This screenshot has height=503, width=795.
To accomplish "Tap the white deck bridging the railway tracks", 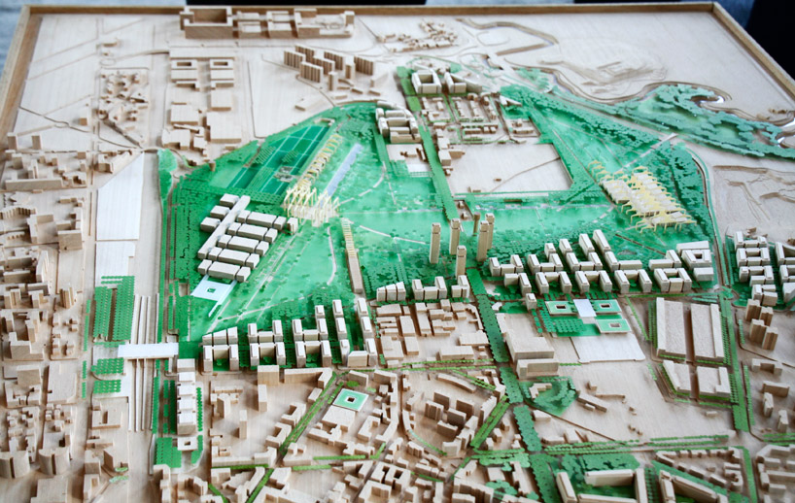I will click(148, 350).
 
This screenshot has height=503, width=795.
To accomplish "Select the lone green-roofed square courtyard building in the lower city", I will click(350, 400).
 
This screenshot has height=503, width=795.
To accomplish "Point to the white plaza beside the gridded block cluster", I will click(213, 288).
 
